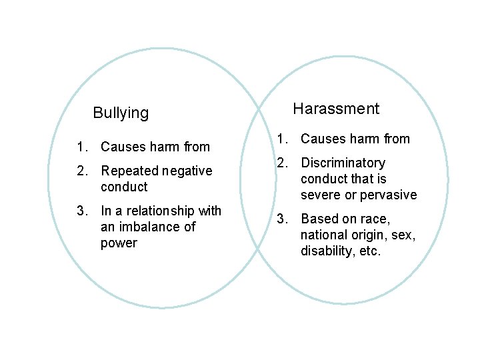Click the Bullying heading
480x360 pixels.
[x=121, y=113]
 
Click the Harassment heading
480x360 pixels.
[x=336, y=109]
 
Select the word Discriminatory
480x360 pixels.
[x=343, y=163]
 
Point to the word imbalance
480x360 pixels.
[x=149, y=227]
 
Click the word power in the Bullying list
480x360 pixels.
[x=119, y=243]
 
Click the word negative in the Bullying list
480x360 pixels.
[x=187, y=171]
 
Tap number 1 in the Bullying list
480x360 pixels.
[x=81, y=147]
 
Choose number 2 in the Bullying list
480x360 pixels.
[x=81, y=171]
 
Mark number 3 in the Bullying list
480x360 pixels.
[x=81, y=211]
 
